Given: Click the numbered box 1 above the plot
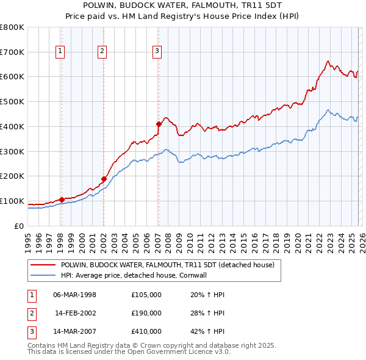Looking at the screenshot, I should click(61, 52).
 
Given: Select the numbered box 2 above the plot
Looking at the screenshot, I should click(102, 52).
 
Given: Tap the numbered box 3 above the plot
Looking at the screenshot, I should click(157, 52).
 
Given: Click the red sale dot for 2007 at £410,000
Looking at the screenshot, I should click(159, 124).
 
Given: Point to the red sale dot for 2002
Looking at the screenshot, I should click(104, 179).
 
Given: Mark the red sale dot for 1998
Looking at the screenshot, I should click(62, 200).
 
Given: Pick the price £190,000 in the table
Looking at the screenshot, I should click(146, 313).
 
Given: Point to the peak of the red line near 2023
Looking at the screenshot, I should click(328, 61).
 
